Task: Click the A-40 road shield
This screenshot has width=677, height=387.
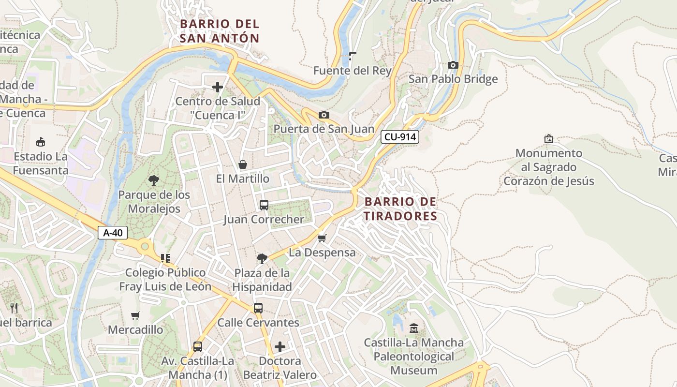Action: tap(113, 233)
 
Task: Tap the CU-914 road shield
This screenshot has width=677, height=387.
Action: tap(400, 137)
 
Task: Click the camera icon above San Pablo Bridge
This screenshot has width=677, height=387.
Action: tap(453, 65)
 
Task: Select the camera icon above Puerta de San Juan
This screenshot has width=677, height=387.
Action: tap(324, 115)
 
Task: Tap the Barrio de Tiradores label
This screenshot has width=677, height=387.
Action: tap(400, 209)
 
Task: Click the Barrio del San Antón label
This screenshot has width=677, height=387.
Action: tap(220, 31)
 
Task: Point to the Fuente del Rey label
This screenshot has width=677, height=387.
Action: tap(352, 71)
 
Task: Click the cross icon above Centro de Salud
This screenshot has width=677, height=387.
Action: tap(218, 87)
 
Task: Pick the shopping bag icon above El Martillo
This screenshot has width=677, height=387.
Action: tap(243, 164)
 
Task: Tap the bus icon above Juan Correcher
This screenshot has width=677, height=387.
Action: tap(264, 205)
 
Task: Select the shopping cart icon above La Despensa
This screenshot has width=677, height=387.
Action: tap(322, 238)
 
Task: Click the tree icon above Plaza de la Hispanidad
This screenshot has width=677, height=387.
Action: tap(262, 259)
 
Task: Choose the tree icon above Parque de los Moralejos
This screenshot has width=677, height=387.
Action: tap(154, 181)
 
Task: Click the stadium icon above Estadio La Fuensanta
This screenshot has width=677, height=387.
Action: tap(41, 142)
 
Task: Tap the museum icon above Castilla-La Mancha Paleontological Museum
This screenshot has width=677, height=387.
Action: tap(413, 328)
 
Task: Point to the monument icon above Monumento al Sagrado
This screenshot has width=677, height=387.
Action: tap(549, 139)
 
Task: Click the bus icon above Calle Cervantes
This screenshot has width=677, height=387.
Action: tap(258, 308)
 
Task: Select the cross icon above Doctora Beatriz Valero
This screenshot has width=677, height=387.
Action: tap(280, 347)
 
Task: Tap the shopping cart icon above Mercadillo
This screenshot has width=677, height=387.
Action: tap(135, 316)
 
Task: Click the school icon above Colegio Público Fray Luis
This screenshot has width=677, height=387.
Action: tap(165, 258)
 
